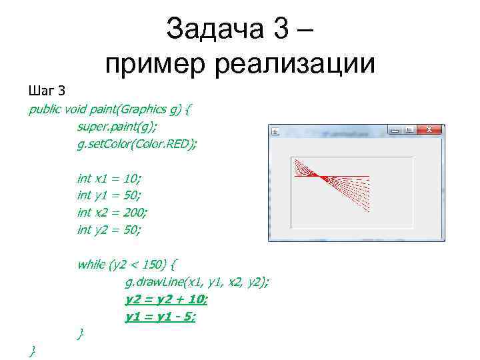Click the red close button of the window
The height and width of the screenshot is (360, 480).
coord(431,130)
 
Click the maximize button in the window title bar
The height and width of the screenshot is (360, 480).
coord(409,130)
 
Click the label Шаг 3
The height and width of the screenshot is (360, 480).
coord(46,91)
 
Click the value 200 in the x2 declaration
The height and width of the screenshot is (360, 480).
coord(135,213)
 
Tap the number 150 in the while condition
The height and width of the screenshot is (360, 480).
coord(151,265)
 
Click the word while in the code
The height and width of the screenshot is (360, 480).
coord(91,265)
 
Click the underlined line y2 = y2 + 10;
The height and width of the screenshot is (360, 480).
coord(167,299)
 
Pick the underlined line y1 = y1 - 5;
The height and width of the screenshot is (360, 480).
coord(161,317)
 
